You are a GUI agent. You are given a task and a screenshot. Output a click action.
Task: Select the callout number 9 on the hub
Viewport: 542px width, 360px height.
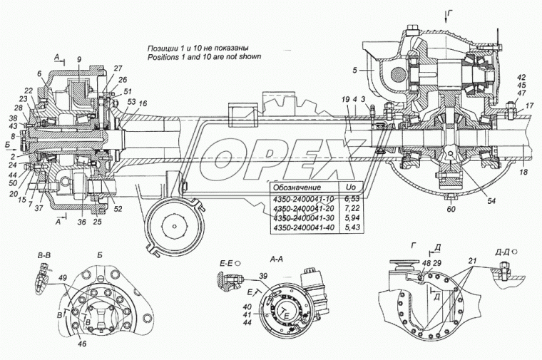[x=78, y=58]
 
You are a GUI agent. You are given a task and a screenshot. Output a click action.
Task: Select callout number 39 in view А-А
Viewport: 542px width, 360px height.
[x=264, y=276]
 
